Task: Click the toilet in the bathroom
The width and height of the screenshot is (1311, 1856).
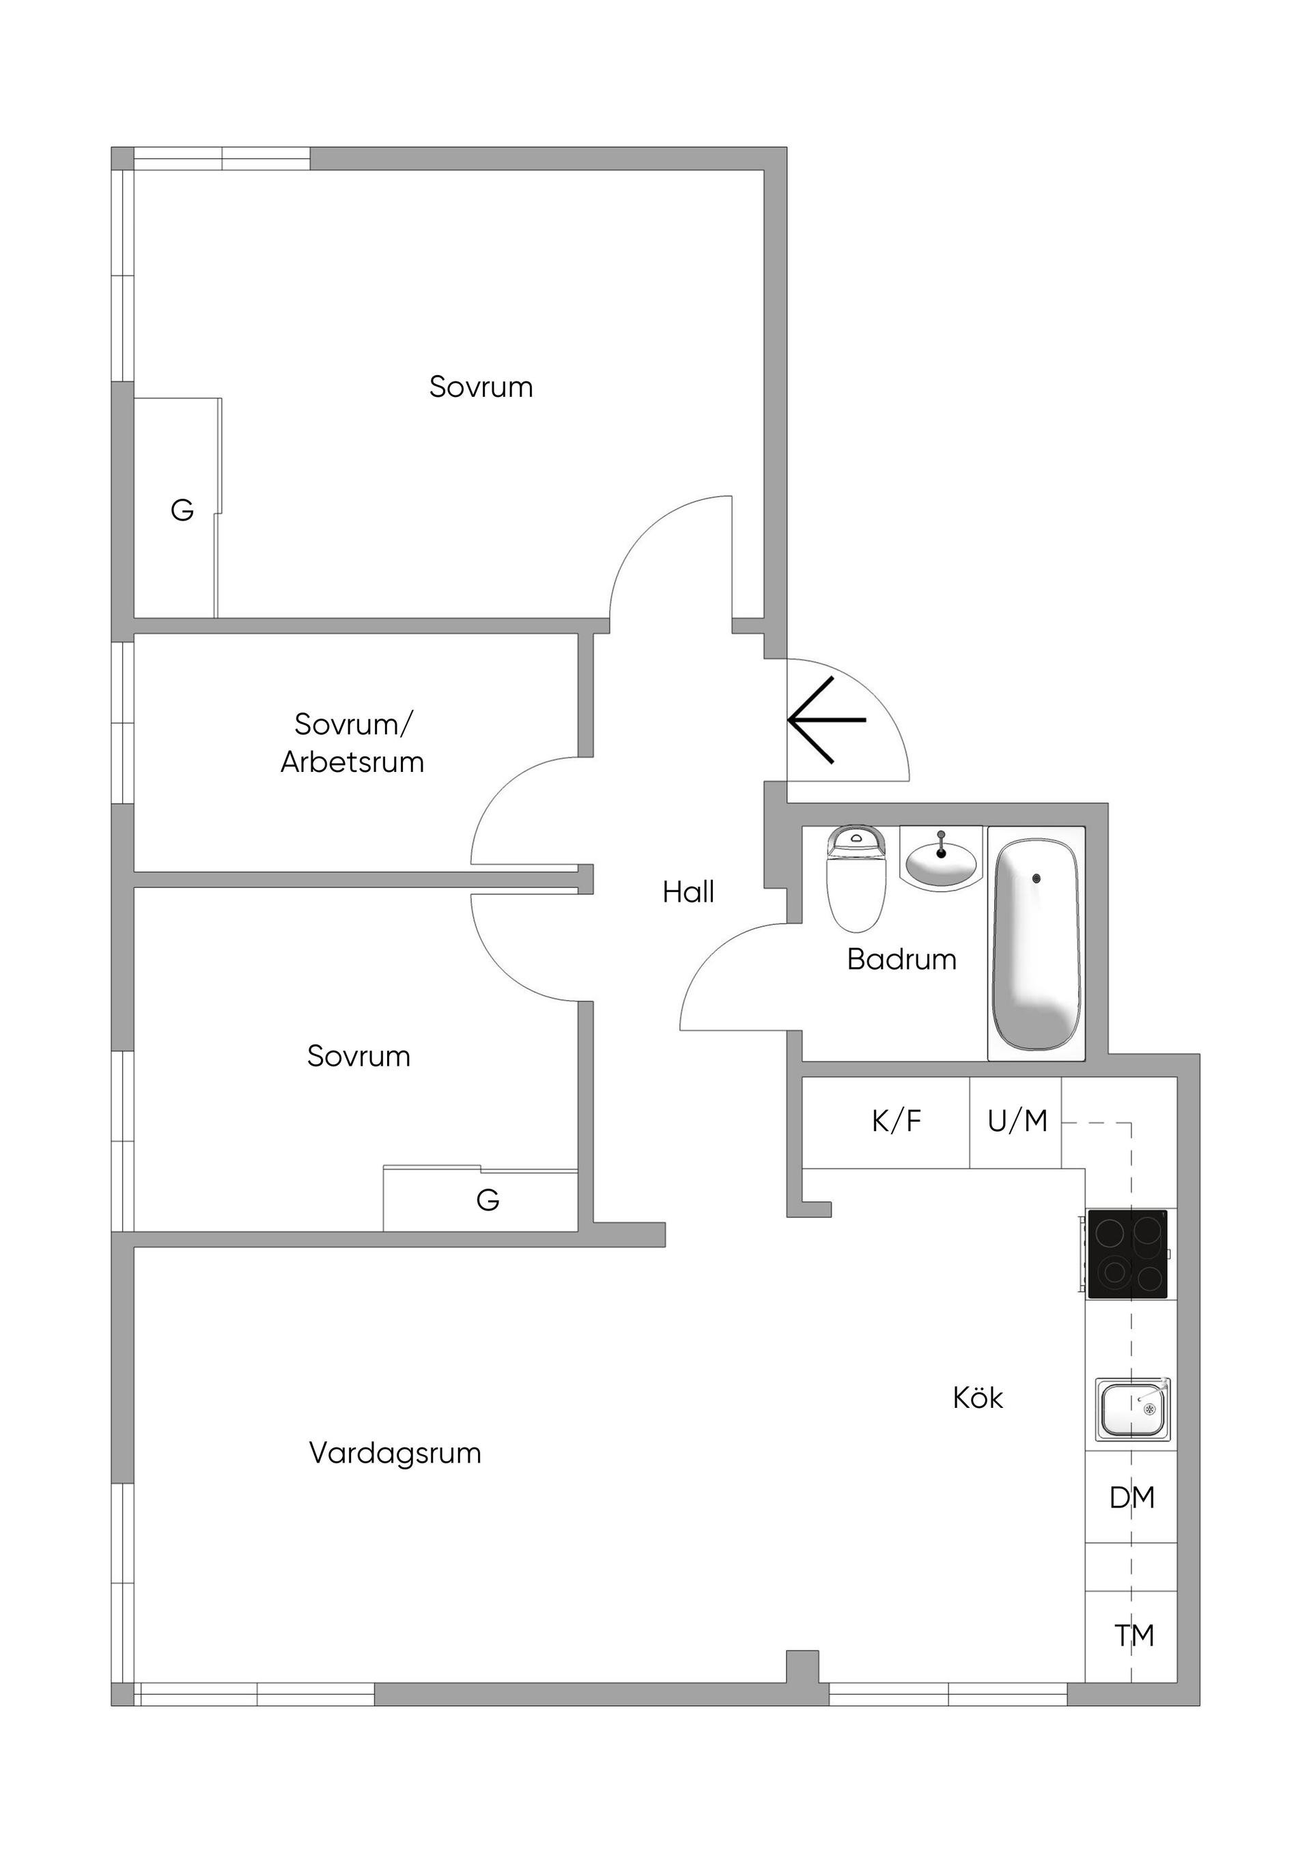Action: (856, 878)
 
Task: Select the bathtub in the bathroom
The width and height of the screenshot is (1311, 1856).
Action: (1037, 944)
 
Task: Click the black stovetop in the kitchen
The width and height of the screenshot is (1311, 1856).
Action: (1127, 1254)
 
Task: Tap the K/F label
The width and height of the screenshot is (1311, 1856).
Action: (897, 1121)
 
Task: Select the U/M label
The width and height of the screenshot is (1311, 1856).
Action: (1017, 1121)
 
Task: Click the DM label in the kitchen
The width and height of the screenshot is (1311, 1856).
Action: (1132, 1498)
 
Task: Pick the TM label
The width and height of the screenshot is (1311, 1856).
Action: (1135, 1636)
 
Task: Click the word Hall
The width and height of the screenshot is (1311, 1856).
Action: (689, 891)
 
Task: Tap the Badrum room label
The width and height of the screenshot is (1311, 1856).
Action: (902, 960)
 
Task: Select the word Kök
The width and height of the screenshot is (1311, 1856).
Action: (978, 1398)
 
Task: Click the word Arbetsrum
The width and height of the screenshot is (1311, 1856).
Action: (352, 762)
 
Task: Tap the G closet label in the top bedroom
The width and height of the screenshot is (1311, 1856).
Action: (183, 510)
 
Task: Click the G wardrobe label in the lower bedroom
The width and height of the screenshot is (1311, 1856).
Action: (488, 1200)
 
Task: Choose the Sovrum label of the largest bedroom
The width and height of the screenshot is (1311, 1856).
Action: (481, 387)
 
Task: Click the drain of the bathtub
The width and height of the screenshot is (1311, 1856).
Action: (1037, 878)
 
